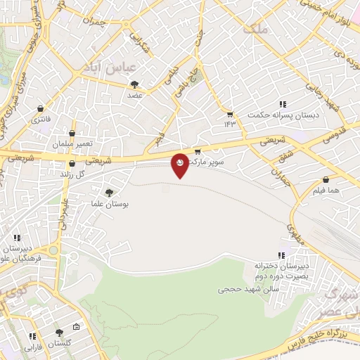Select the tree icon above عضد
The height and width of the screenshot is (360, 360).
[134, 84]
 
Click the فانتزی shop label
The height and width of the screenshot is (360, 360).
[40, 120]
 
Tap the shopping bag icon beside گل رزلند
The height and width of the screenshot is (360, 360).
[72, 163]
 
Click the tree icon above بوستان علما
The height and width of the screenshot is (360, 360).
[109, 192]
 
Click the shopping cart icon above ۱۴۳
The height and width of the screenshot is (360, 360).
[229, 114]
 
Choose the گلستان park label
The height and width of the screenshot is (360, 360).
[58, 344]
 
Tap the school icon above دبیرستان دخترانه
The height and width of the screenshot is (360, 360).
[282, 255]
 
